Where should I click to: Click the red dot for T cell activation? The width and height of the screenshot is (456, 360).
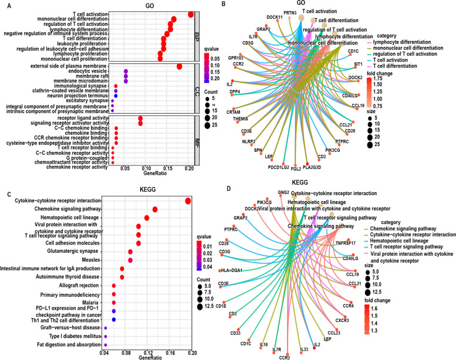click(191, 15)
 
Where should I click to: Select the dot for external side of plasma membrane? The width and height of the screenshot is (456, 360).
click(179, 66)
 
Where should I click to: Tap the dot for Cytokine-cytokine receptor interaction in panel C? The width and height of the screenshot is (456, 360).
click(188, 201)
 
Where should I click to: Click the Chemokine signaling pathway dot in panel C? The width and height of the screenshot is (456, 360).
click(155, 210)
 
